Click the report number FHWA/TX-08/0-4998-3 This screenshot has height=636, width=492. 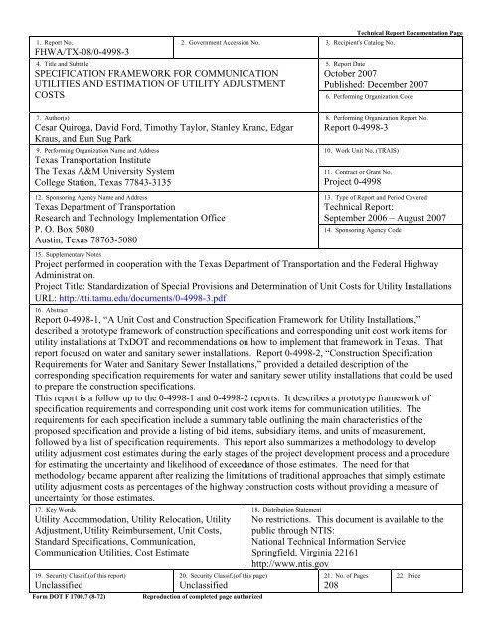coord(71,57)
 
